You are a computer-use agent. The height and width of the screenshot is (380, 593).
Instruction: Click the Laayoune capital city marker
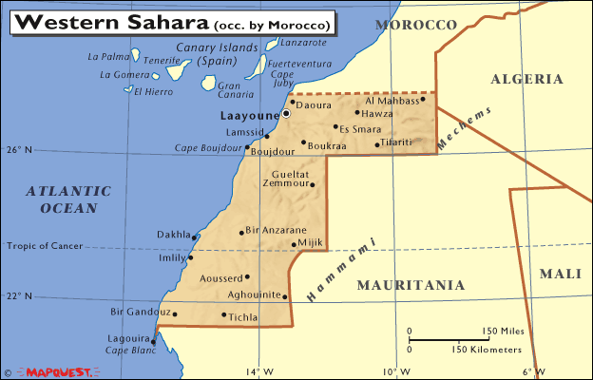pyautogui.click(x=285, y=113)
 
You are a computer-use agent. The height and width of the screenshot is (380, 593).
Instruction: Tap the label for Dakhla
pyautogui.click(x=173, y=233)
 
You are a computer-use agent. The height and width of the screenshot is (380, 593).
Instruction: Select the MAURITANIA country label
pyautogui.click(x=411, y=285)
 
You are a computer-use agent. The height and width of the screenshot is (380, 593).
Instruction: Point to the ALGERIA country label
pyautogui.click(x=527, y=80)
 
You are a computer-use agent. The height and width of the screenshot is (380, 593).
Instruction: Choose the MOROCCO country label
pyautogui.click(x=416, y=24)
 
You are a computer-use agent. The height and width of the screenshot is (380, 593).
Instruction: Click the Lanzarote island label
pyautogui.click(x=303, y=42)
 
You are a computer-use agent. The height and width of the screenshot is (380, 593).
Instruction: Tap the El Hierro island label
pyautogui.click(x=152, y=91)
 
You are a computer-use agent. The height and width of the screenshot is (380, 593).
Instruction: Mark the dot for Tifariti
pyautogui.click(x=377, y=145)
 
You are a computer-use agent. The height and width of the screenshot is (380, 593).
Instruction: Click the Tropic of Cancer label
pyautogui.click(x=45, y=246)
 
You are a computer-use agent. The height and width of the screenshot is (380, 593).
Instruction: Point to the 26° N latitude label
pyautogui.click(x=19, y=150)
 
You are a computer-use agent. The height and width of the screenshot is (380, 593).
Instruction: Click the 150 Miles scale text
pyautogui.click(x=504, y=332)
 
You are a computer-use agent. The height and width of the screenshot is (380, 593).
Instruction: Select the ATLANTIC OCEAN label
pyautogui.click(x=62, y=199)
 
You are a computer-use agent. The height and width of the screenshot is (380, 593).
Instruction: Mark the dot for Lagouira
pyautogui.click(x=153, y=341)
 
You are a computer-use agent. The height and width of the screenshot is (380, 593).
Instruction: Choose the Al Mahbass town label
pyautogui.click(x=392, y=100)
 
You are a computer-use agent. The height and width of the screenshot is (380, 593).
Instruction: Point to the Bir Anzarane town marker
pyautogui.click(x=241, y=231)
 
